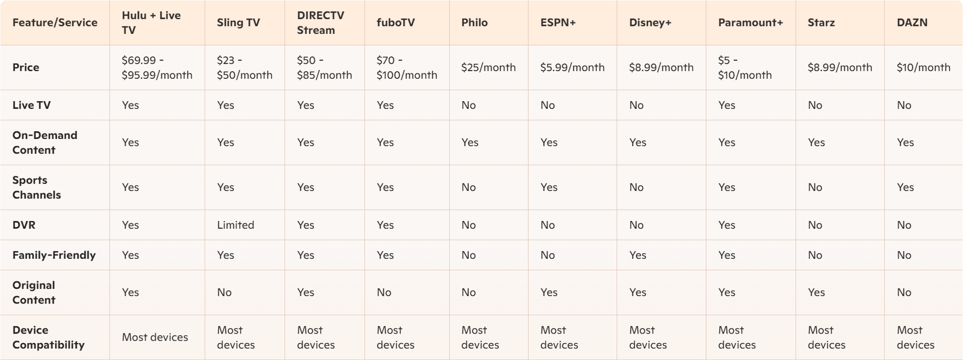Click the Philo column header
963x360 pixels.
(474, 23)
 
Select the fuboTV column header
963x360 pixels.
(395, 23)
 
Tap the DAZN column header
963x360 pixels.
(912, 23)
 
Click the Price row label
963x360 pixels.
(26, 67)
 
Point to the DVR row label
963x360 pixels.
(24, 225)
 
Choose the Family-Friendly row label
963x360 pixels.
(54, 255)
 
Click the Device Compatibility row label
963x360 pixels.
(48, 337)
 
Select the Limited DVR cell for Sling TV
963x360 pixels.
(235, 225)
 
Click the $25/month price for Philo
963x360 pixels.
(488, 67)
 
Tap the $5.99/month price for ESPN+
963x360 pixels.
(572, 67)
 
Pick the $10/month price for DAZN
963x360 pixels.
(923, 67)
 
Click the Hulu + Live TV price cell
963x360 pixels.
(156, 67)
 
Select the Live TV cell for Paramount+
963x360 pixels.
(726, 105)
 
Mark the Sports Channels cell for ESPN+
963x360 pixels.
(549, 187)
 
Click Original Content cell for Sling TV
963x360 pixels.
(224, 293)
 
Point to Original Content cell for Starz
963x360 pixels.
(816, 293)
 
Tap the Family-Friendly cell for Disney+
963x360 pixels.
(637, 255)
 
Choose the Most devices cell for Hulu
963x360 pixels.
(155, 337)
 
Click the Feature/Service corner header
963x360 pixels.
(55, 23)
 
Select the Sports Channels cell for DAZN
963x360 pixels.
(905, 187)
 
